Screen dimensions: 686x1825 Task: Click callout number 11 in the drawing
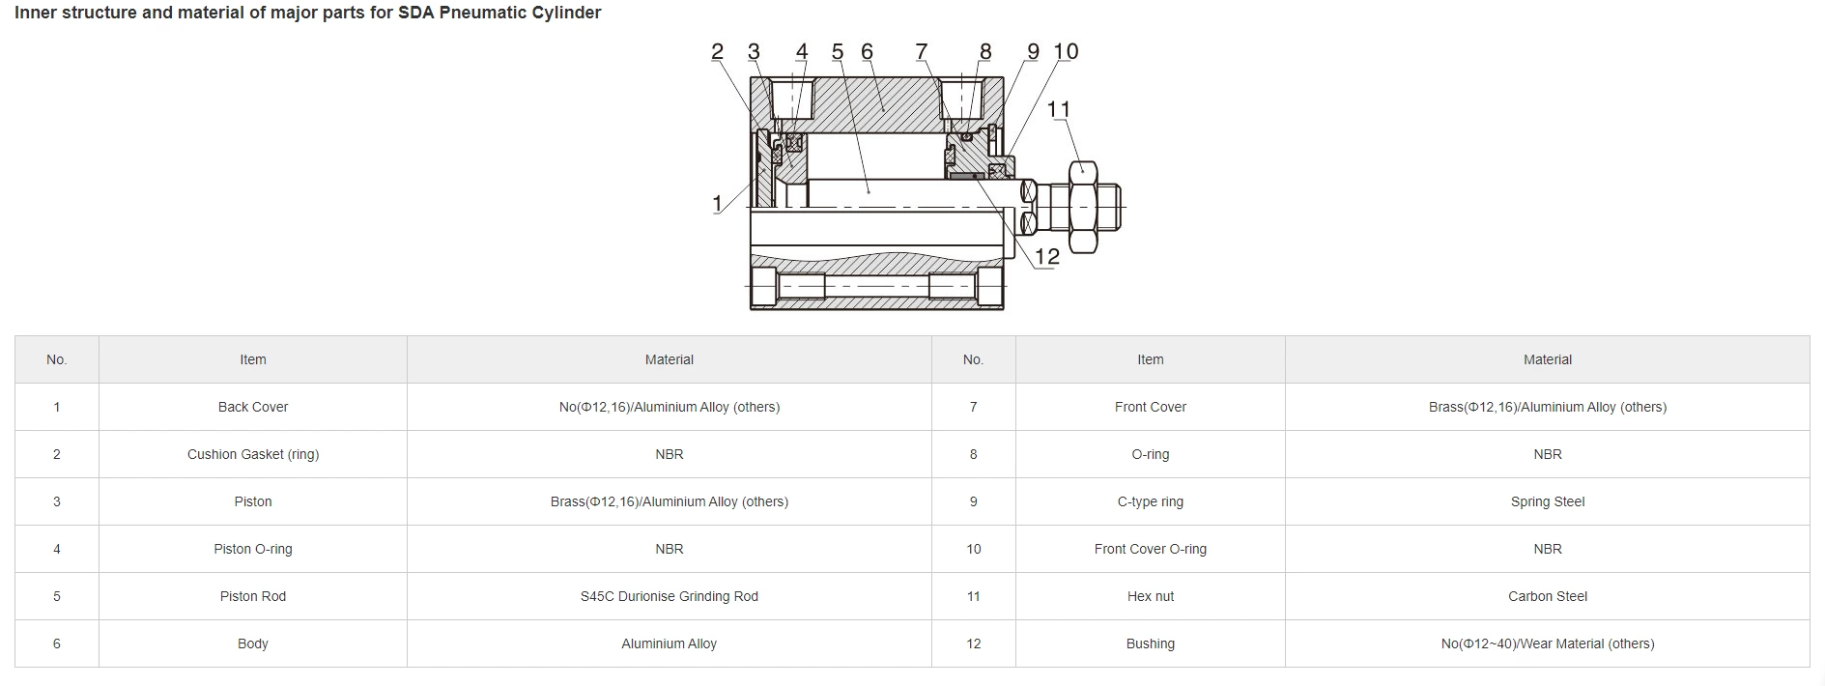click(x=1059, y=109)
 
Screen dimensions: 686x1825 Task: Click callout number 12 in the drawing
click(x=1046, y=257)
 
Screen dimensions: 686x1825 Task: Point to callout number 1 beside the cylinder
click(x=717, y=204)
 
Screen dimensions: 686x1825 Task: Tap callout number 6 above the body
click(x=867, y=52)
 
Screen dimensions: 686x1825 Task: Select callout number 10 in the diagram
click(x=1066, y=52)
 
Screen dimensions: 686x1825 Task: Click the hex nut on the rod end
click(x=1083, y=207)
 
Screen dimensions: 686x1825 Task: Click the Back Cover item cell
click(x=252, y=407)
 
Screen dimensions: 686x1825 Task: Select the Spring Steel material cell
click(x=1547, y=501)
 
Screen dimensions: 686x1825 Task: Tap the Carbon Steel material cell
click(x=1547, y=596)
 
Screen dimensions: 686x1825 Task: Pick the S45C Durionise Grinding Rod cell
click(x=669, y=596)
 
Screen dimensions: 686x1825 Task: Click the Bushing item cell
click(x=1150, y=643)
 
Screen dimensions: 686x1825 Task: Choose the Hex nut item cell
click(x=1150, y=596)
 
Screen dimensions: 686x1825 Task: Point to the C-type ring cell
click(x=1150, y=501)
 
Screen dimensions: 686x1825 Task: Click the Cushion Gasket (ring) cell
click(x=252, y=454)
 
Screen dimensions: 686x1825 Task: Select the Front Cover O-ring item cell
click(x=1150, y=549)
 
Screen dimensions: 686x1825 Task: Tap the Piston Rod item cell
click(x=252, y=596)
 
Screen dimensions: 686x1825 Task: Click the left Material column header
click(x=669, y=359)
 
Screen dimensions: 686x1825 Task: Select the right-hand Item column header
click(x=1150, y=359)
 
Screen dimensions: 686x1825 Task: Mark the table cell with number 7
click(x=973, y=407)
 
